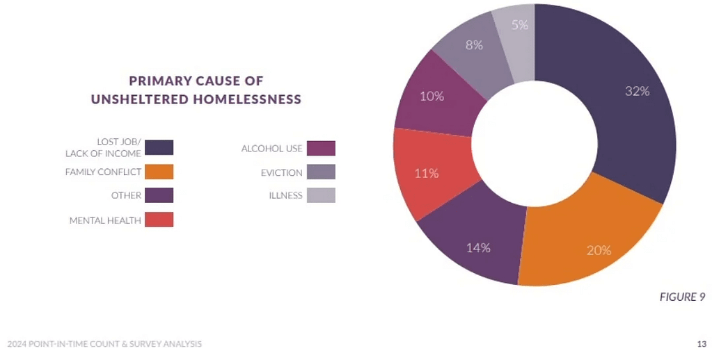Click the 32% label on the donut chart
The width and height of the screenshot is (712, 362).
(x=637, y=91)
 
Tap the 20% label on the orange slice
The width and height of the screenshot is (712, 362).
(x=599, y=250)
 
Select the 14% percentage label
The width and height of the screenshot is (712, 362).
(x=479, y=247)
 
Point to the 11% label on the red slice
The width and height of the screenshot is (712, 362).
(x=426, y=173)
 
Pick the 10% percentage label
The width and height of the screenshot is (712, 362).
(x=432, y=97)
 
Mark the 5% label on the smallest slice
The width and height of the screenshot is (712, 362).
(x=520, y=24)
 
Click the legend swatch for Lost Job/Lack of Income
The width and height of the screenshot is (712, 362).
(x=159, y=147)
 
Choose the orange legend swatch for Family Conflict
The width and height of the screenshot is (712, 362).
(x=159, y=172)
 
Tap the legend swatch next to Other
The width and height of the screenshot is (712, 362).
(x=159, y=195)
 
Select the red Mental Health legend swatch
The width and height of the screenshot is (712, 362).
(x=159, y=220)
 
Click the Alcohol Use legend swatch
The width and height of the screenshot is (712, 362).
(x=321, y=148)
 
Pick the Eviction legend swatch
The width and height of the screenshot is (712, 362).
(x=321, y=172)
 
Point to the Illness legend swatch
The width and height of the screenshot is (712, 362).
(x=321, y=195)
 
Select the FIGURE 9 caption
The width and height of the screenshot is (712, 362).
(x=682, y=297)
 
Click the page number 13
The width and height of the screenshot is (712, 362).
(x=702, y=343)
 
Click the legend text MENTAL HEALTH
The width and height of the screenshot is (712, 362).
(x=105, y=220)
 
